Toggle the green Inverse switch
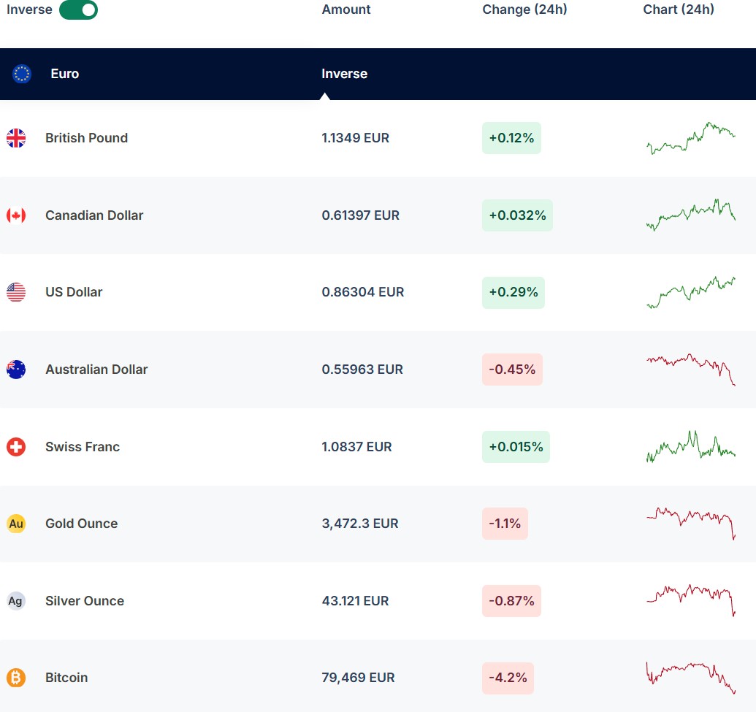tap(78, 10)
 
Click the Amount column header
tap(346, 9)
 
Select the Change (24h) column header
tap(524, 9)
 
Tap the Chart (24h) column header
tap(679, 9)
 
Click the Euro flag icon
tap(22, 74)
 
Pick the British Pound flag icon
tap(16, 138)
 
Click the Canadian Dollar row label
tap(94, 215)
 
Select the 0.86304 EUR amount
tap(362, 292)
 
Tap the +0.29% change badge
tap(513, 292)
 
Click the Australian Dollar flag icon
tap(16, 370)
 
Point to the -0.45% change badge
tap(512, 370)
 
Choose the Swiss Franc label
tap(83, 447)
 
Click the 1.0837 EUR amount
tap(356, 447)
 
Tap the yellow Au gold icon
tap(16, 524)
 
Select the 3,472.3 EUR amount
tap(360, 524)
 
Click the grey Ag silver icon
tap(16, 601)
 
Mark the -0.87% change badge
tap(511, 601)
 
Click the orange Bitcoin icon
tap(16, 678)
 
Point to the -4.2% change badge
tap(508, 678)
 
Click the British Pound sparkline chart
tap(691, 138)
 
